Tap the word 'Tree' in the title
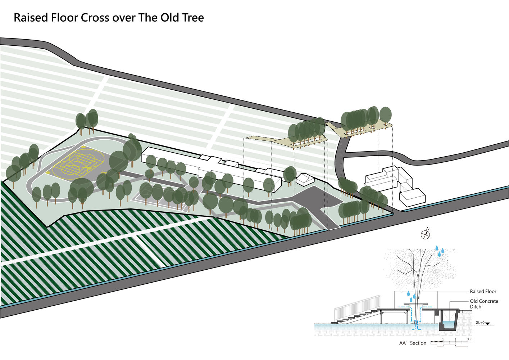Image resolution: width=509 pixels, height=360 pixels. click(x=193, y=18)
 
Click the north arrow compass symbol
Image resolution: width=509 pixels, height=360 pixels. click(x=426, y=234)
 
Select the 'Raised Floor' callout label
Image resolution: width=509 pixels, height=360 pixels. click(x=483, y=291)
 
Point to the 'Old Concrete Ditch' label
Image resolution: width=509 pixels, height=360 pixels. click(x=484, y=303)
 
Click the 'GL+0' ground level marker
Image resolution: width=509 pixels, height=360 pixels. click(x=480, y=323)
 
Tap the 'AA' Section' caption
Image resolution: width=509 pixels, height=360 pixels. click(x=413, y=343)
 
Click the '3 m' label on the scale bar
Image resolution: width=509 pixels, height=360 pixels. click(x=469, y=339)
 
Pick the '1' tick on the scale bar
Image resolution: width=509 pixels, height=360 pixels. click(x=443, y=339)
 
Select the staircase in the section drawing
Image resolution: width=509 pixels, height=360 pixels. click(x=356, y=316)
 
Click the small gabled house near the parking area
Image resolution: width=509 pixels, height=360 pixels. click(x=305, y=179)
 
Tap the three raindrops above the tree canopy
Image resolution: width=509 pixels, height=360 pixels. click(x=440, y=251)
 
